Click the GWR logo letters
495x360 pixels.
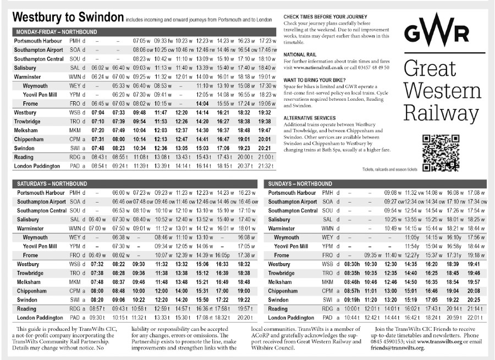tap(437, 32)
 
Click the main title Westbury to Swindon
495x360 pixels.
tap(68, 18)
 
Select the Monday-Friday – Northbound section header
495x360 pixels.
tap(57, 32)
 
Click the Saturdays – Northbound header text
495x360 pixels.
tap(52, 183)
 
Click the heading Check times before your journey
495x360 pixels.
tap(325, 17)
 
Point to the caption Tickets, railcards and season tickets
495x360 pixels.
tap(390, 169)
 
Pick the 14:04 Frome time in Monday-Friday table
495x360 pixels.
tap(202, 103)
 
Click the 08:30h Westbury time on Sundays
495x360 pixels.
tap(344, 264)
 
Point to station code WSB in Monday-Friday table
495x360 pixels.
tap(75, 112)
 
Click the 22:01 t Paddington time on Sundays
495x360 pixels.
tap(474, 318)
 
